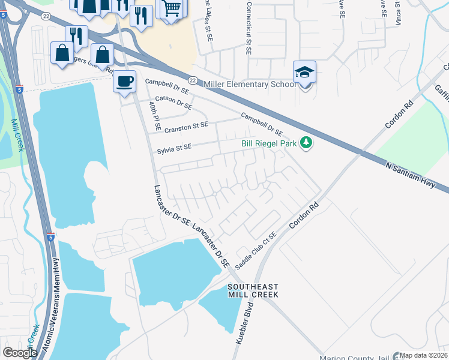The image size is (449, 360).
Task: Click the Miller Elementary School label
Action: pos(250,84)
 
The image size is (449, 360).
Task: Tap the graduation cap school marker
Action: pos(304,73)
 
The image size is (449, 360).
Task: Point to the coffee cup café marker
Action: pos(125,81)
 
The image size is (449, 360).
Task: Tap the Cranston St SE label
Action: pos(187,127)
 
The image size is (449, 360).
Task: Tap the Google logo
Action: pos(20,352)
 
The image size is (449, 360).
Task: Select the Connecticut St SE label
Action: pos(247,27)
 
